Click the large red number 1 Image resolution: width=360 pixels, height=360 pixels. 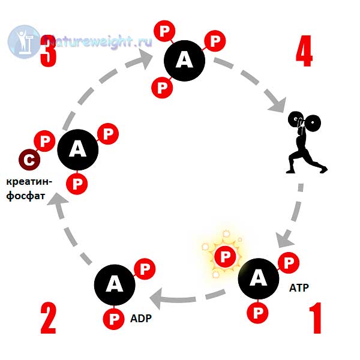[316, 318]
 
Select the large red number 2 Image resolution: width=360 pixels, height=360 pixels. [48, 318]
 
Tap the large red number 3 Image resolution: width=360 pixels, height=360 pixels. [48, 51]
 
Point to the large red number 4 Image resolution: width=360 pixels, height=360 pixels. [304, 51]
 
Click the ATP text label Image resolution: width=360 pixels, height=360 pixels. [299, 287]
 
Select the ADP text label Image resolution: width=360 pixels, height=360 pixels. [141, 319]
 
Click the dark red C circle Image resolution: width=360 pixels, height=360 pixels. [29, 160]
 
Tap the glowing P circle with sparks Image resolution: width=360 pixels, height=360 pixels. [225, 256]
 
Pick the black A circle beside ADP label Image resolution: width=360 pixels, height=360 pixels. [115, 284]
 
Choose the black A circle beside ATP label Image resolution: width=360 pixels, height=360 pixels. [259, 279]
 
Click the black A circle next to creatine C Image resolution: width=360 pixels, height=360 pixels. [78, 149]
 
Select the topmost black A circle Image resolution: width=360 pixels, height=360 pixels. [184, 61]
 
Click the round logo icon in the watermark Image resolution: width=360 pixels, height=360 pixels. [24, 42]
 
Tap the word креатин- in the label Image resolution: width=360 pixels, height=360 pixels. [29, 182]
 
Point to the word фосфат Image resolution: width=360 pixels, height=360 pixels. [25, 197]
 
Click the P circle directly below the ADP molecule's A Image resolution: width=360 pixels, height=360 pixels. [113, 319]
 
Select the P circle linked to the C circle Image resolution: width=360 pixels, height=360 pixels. [44, 141]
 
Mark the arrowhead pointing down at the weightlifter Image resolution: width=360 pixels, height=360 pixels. [278, 105]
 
